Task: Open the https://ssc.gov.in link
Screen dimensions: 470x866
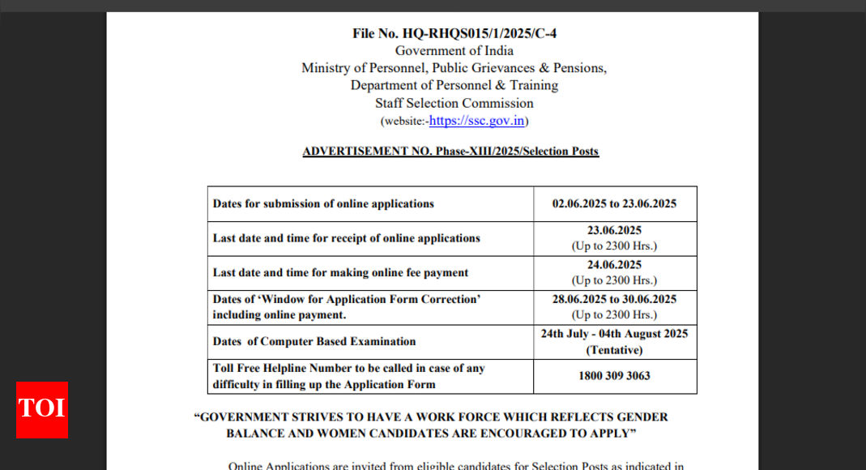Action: point(477,121)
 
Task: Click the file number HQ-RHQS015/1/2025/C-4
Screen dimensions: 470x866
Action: point(454,33)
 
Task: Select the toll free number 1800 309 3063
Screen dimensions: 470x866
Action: point(614,376)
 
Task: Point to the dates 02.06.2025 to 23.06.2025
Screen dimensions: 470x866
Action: point(614,204)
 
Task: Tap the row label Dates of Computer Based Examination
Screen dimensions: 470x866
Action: point(314,342)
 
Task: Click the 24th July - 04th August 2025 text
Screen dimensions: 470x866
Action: point(614,333)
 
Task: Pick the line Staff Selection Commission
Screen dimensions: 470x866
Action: point(454,103)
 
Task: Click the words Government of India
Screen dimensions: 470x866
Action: point(454,50)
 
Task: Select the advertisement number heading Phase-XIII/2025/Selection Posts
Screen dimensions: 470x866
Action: point(450,152)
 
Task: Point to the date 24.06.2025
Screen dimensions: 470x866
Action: point(614,265)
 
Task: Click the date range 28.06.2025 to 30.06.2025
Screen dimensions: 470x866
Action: point(614,299)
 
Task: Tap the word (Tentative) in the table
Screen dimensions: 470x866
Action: point(614,350)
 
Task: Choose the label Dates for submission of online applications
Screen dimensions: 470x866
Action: point(323,204)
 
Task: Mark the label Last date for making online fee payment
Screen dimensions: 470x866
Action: point(340,273)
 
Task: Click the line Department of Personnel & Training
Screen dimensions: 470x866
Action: point(454,85)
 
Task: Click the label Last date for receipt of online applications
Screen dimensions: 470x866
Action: point(346,238)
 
